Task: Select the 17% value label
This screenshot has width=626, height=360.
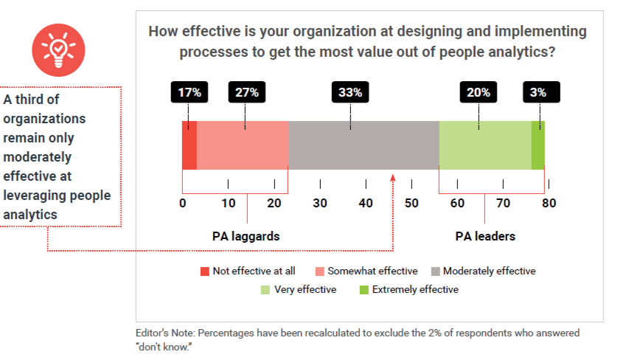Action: coord(189,92)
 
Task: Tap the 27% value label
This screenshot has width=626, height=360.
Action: coord(247,92)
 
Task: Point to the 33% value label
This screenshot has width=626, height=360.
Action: coord(350,92)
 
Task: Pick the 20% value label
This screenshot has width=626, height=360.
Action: coord(479,92)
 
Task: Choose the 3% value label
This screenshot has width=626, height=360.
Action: coord(540,92)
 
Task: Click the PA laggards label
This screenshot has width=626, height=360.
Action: coord(246,237)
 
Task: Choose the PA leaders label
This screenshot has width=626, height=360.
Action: coord(484,237)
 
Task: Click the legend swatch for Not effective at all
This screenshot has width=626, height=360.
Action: coord(205,271)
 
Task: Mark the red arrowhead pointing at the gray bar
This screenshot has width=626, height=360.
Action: coord(393,178)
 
